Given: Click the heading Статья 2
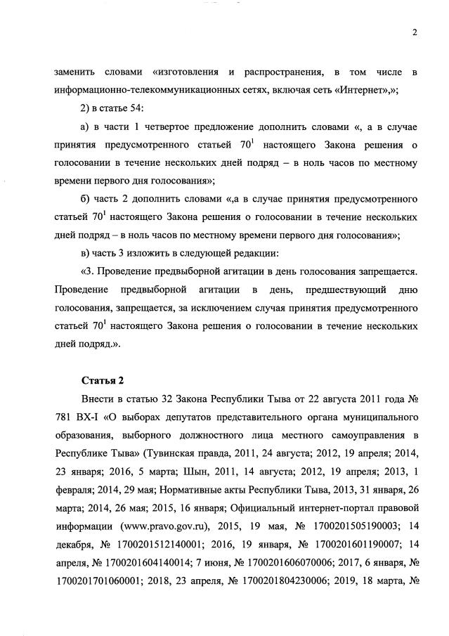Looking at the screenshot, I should tap(103, 380).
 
